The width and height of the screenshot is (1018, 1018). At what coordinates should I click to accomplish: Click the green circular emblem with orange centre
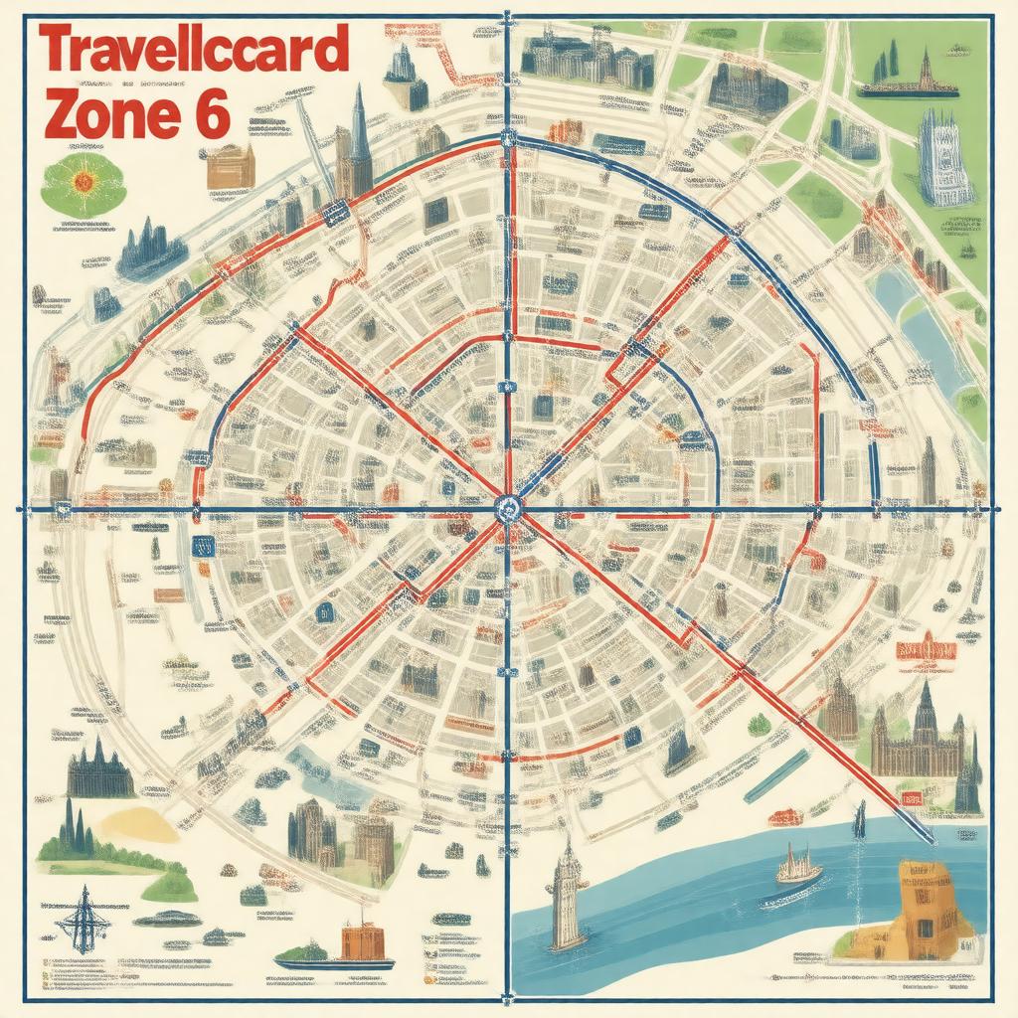click(x=83, y=181)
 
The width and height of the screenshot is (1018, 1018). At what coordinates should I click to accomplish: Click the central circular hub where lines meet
click(x=506, y=510)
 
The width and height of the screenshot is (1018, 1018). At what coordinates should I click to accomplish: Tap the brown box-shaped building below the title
click(x=231, y=166)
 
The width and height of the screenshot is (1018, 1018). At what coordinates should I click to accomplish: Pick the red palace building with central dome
click(x=926, y=651)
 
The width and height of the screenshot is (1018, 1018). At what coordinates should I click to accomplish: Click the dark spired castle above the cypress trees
click(x=99, y=770)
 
